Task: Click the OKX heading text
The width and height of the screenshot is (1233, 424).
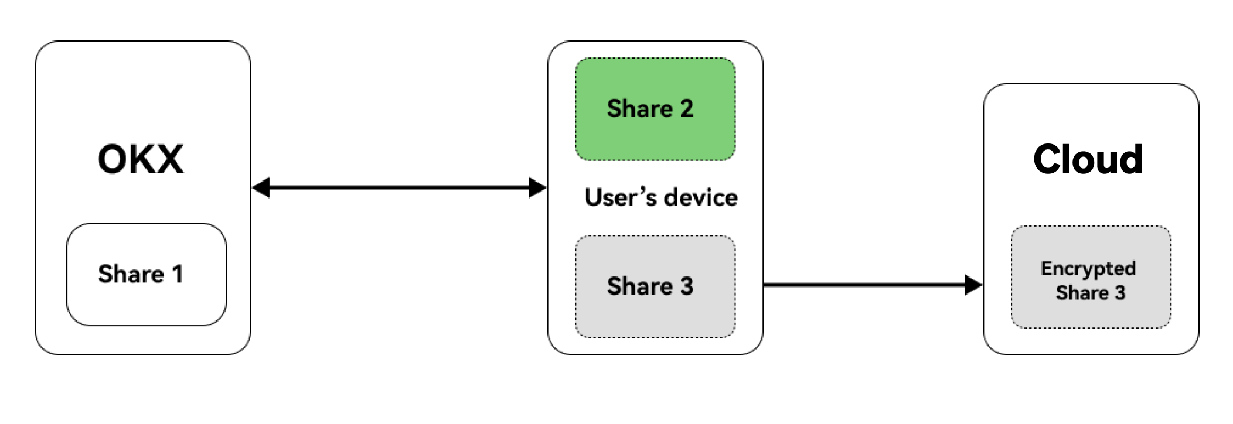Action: [141, 159]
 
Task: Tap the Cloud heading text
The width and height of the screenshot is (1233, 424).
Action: [1088, 159]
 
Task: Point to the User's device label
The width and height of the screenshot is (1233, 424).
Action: [661, 198]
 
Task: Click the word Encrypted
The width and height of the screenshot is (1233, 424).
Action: [1088, 269]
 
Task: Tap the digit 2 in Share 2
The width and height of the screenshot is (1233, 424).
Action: [686, 109]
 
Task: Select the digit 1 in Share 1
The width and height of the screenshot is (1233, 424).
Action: [178, 274]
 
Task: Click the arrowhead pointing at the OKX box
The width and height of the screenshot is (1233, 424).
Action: [261, 188]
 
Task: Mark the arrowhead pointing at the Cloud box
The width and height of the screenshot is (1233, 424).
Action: [973, 285]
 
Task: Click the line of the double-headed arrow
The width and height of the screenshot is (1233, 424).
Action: [398, 188]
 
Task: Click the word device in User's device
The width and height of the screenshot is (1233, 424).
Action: [701, 198]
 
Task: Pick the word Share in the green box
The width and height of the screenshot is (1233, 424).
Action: [639, 109]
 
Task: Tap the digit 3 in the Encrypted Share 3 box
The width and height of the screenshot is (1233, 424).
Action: [1120, 293]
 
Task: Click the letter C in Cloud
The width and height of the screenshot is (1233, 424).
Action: [1048, 159]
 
